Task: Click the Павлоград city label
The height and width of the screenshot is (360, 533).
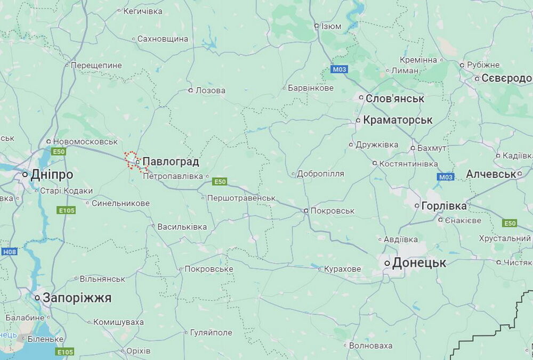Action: (x=171, y=161)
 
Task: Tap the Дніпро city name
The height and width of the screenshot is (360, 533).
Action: (x=52, y=175)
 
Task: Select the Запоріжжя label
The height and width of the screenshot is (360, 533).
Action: (x=77, y=298)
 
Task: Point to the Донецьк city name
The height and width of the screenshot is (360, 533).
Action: (x=419, y=263)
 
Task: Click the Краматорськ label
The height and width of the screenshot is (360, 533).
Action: (x=398, y=120)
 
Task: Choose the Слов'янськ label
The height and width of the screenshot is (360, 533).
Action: (x=395, y=99)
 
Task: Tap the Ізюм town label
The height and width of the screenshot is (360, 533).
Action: (x=331, y=26)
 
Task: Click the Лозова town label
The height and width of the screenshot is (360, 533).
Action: (x=210, y=91)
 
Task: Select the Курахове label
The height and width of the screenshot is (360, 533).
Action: (x=342, y=269)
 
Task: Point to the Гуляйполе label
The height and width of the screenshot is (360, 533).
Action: (x=211, y=332)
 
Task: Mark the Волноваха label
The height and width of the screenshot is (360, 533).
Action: (x=370, y=346)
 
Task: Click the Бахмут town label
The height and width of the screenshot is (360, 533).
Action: (x=432, y=148)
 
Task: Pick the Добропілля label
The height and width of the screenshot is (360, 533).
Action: (x=320, y=174)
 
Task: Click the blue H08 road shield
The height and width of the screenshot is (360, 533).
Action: (x=9, y=251)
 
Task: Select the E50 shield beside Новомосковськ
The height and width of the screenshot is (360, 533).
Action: (x=58, y=152)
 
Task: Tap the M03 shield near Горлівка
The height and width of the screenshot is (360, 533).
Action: (x=445, y=177)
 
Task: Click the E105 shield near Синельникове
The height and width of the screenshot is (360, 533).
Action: (x=66, y=210)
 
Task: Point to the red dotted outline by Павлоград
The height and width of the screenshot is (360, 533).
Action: (x=130, y=159)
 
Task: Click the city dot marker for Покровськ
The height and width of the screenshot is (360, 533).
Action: (x=306, y=211)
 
